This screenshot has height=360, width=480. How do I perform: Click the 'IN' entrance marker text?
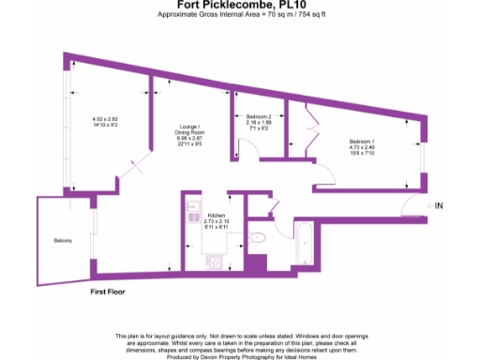point(440,205)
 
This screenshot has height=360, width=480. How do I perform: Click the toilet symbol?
point(260,240)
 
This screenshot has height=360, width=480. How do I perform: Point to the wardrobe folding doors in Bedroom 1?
point(306,136)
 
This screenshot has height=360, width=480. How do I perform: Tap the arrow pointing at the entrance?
point(428,205)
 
